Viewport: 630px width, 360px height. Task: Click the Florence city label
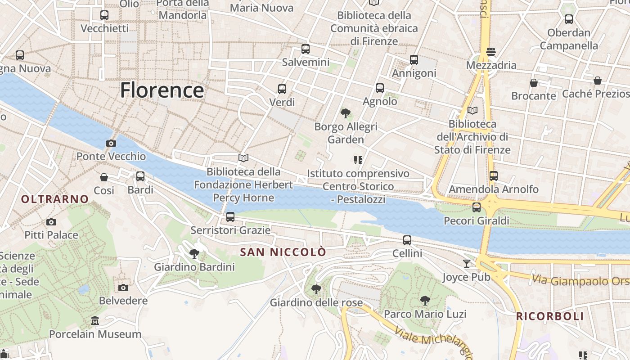[x=162, y=90]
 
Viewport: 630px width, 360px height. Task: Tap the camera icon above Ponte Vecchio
[x=111, y=143]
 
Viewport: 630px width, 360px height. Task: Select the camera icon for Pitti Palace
[x=51, y=222]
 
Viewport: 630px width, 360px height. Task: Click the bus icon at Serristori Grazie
[x=230, y=217]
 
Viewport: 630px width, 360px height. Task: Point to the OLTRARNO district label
[x=55, y=199]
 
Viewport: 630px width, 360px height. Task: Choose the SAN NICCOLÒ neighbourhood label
[x=283, y=252]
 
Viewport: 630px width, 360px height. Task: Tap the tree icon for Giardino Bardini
[x=194, y=254]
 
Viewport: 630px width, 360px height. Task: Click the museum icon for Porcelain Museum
[x=95, y=321]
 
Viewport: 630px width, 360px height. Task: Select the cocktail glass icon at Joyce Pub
[x=467, y=263]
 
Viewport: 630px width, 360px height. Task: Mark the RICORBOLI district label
[x=550, y=316]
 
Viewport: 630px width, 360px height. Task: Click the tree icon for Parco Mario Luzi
[x=425, y=300]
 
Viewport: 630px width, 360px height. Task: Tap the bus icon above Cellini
[x=407, y=240]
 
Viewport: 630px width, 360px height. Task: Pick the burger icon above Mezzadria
[x=491, y=52]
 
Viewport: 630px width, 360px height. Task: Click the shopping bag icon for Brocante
[x=534, y=83]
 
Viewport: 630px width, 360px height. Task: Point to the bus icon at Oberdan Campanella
[x=569, y=19]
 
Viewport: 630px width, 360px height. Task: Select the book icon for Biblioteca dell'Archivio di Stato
[x=472, y=110]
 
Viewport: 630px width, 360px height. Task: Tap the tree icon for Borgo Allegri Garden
[x=346, y=113]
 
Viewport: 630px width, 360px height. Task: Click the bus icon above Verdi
[x=282, y=89]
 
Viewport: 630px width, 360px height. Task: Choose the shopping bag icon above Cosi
[x=104, y=177]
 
